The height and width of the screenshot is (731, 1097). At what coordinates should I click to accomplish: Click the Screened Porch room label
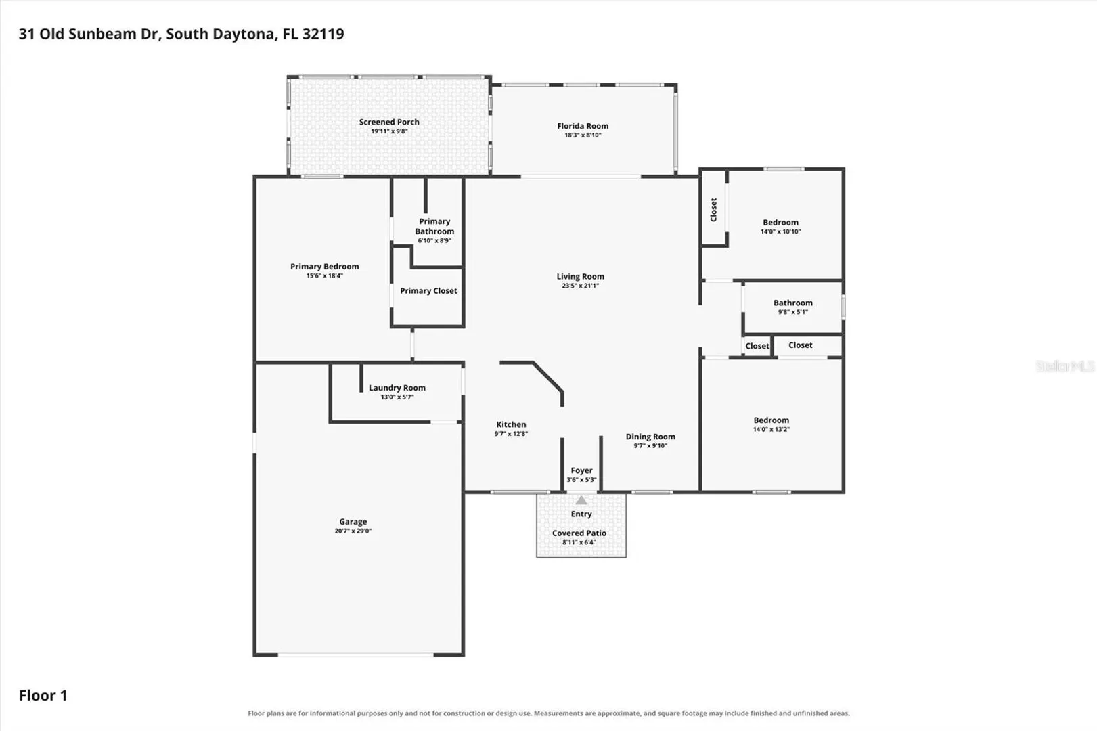(x=389, y=122)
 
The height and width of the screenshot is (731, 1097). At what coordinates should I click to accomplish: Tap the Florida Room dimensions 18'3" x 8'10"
(x=583, y=135)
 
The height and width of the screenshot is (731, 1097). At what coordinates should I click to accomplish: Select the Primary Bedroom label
(x=324, y=267)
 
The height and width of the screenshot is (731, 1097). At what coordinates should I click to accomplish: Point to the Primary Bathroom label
(x=434, y=226)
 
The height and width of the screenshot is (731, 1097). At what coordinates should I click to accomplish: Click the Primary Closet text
(x=428, y=291)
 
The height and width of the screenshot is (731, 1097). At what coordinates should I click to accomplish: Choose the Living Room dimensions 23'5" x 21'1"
(x=581, y=286)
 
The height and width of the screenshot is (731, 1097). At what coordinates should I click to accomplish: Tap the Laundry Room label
(x=397, y=388)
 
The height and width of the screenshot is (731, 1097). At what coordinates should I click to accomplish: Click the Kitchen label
(x=512, y=425)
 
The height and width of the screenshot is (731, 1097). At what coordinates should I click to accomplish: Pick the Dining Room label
(x=650, y=437)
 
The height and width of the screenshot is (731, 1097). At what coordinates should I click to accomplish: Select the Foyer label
(x=581, y=471)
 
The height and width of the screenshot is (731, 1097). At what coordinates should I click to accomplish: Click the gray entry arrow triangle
(x=581, y=500)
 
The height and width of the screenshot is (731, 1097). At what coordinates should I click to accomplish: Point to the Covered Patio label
(x=579, y=533)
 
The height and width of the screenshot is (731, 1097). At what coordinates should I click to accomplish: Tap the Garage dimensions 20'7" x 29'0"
(x=353, y=531)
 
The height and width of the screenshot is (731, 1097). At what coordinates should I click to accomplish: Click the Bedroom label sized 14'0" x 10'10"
(x=781, y=223)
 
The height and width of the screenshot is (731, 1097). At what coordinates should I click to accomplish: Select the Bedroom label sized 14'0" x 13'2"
(x=771, y=420)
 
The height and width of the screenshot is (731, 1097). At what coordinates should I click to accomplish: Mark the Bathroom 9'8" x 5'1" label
(x=793, y=303)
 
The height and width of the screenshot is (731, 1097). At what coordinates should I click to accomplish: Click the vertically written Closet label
(x=713, y=210)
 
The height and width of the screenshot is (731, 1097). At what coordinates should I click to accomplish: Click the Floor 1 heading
(x=43, y=696)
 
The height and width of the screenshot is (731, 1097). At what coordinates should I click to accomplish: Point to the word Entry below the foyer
(x=581, y=514)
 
